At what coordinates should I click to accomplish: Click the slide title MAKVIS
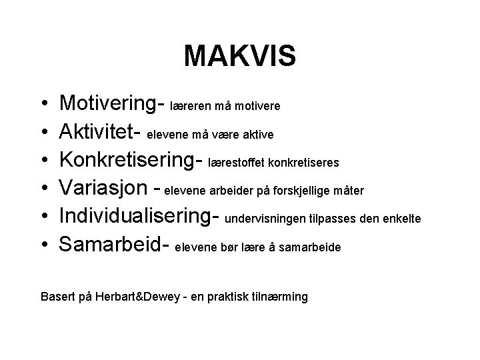(x=239, y=57)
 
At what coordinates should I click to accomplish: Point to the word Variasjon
(x=101, y=189)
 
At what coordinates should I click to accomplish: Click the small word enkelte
(x=402, y=219)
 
